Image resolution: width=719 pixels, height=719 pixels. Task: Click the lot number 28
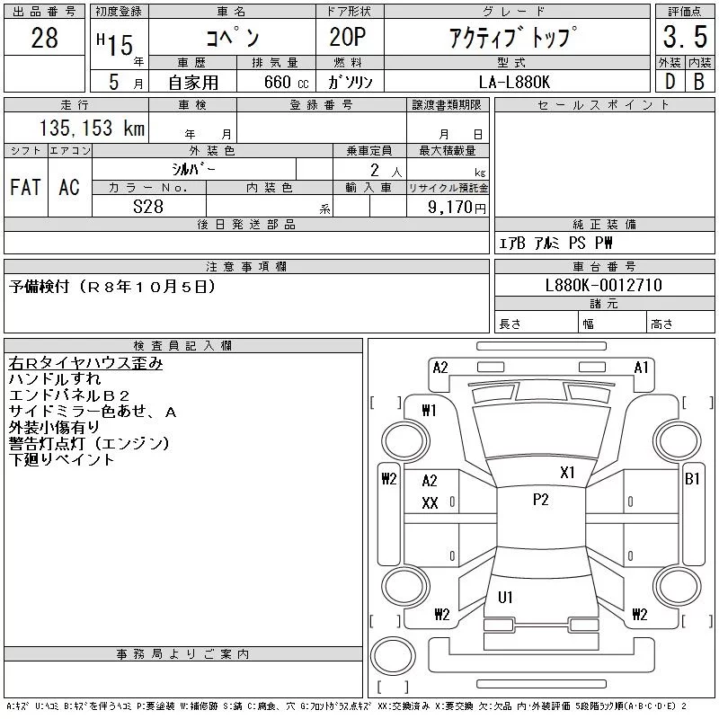point(44,38)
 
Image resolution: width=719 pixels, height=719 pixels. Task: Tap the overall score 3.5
point(685,37)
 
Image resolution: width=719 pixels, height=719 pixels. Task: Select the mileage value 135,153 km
point(92,128)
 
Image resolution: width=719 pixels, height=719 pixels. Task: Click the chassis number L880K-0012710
point(603,285)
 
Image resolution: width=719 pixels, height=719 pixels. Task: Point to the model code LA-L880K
point(514,82)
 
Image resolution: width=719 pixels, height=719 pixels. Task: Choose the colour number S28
point(148,207)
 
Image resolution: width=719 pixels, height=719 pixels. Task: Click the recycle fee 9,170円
point(457,208)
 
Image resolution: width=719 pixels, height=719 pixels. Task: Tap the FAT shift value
point(26,187)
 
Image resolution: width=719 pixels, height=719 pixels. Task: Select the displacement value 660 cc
point(286,82)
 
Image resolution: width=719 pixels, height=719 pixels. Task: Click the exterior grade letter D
point(670,82)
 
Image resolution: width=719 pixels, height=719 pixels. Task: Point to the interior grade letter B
point(699,82)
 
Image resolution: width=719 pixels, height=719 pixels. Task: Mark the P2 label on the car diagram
point(541,500)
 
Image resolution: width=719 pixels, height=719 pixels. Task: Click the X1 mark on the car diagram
point(567,473)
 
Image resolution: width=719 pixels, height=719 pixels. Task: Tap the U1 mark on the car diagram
point(505,597)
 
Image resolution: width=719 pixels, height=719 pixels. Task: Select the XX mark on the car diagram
point(430,503)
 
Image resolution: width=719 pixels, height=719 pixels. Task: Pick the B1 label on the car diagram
point(692,479)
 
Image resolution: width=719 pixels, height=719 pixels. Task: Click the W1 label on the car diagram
point(430,411)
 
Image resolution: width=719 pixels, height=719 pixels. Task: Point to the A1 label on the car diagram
point(641,368)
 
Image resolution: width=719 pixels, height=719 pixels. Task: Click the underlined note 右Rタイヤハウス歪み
point(85,363)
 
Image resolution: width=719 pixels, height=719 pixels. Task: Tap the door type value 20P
point(348,37)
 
